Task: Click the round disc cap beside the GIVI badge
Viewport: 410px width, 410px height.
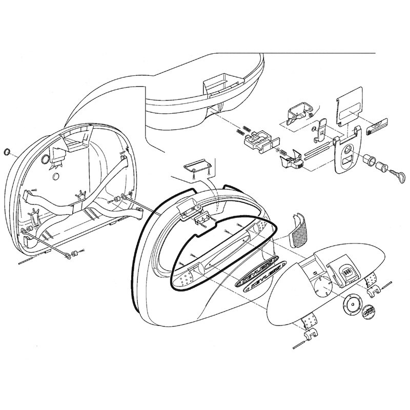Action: pyautogui.click(x=350, y=306)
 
